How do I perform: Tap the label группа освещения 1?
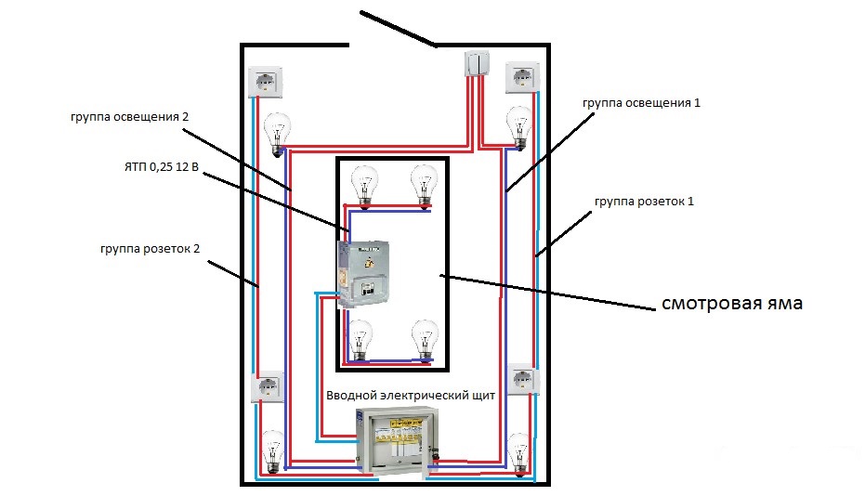pyautogui.click(x=640, y=103)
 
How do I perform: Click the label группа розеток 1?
pyautogui.click(x=640, y=201)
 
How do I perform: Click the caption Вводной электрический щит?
pyautogui.click(x=411, y=395)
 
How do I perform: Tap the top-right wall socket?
pyautogui.click(x=521, y=78)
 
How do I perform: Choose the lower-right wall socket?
pyautogui.click(x=523, y=379)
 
